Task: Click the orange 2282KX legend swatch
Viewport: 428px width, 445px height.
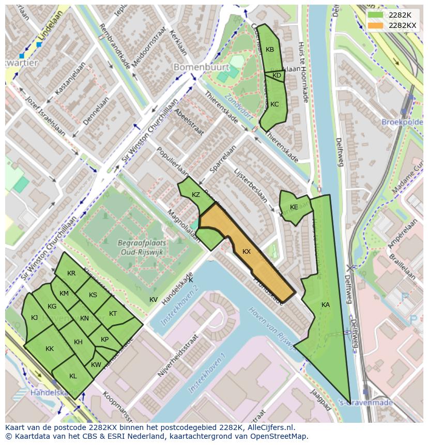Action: [376, 25]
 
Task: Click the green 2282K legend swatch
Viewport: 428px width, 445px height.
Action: [376, 15]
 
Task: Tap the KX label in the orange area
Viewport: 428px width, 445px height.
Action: [247, 252]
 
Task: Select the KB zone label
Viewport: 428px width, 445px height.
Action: [270, 50]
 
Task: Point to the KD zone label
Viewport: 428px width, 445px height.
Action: [277, 75]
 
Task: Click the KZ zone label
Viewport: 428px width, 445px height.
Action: [196, 195]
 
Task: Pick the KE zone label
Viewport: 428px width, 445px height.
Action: [294, 207]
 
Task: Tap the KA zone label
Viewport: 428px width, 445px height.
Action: [326, 305]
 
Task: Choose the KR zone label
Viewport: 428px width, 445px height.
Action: [71, 273]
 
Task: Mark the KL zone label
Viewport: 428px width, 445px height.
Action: [73, 376]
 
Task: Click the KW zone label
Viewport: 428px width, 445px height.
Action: [96, 365]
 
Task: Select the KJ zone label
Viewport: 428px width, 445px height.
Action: [34, 318]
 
